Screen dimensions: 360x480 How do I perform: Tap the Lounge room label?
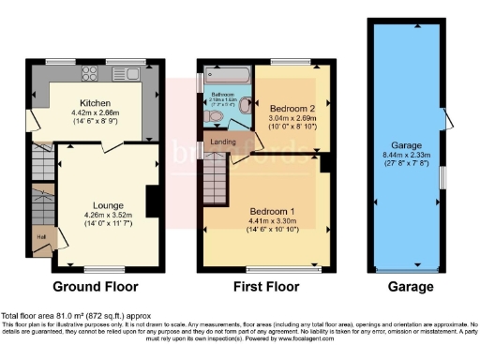105,203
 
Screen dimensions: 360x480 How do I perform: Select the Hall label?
40,237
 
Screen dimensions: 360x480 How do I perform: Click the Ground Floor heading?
95,287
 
